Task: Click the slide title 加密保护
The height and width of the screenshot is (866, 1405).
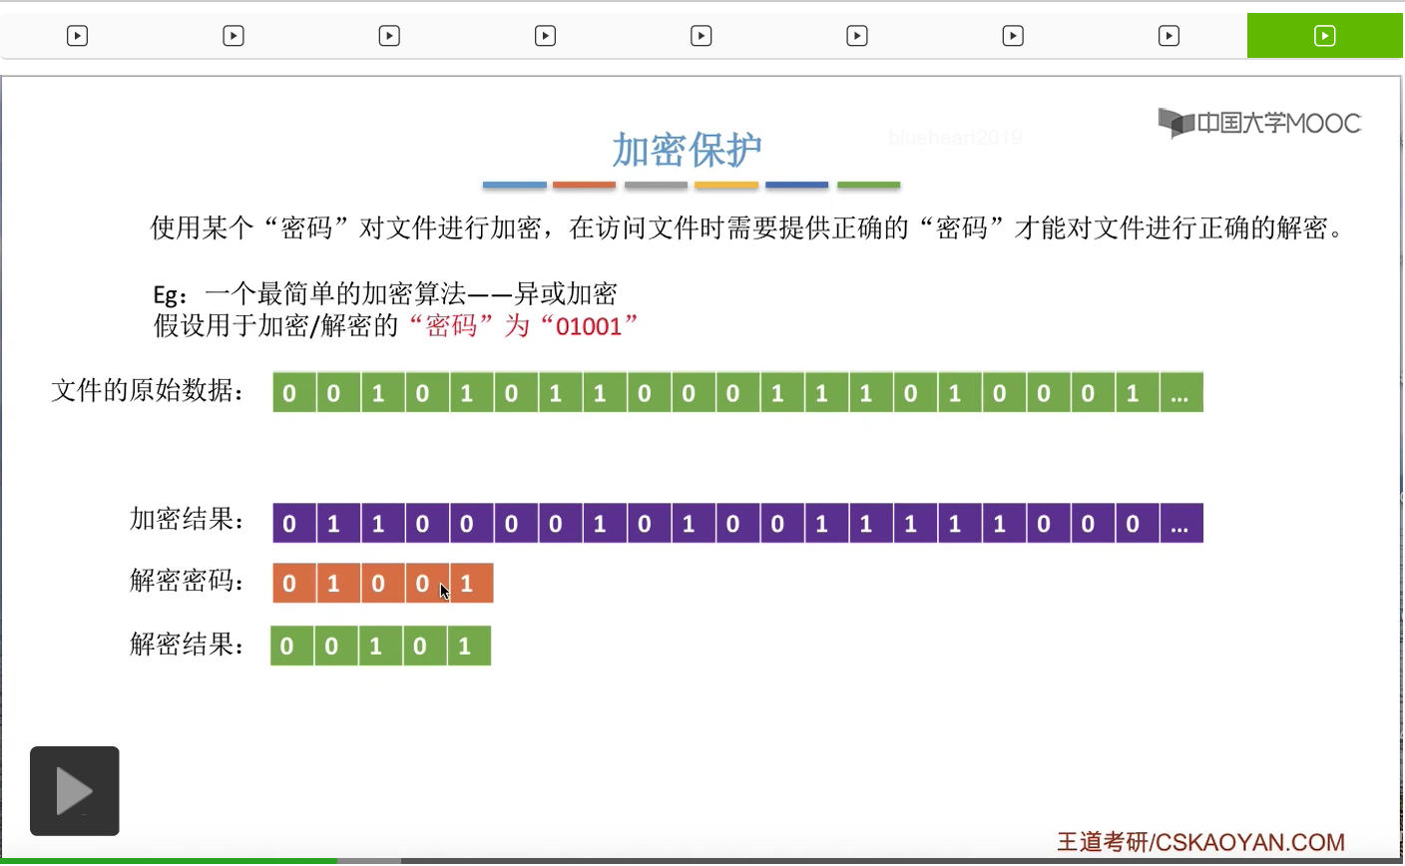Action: pos(687,150)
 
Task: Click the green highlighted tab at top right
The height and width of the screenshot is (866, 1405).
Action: pos(1324,36)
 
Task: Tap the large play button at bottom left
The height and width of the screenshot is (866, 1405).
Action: pos(75,791)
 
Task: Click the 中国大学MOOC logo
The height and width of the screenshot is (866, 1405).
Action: pos(1260,123)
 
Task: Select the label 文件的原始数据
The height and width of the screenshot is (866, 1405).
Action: pos(148,391)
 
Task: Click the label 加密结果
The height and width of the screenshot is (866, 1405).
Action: pos(187,520)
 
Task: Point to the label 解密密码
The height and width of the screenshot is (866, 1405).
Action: pos(187,581)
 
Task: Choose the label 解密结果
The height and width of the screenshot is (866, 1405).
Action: pos(187,645)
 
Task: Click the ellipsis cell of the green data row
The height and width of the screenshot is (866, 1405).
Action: pos(1180,393)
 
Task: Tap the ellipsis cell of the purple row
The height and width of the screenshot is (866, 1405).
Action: pos(1180,524)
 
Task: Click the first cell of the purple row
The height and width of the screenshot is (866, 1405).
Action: pos(290,524)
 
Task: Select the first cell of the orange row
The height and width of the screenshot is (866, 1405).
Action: pos(290,584)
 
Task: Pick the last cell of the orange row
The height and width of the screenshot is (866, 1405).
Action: pos(470,584)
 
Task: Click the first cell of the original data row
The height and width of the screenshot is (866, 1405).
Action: pos(290,393)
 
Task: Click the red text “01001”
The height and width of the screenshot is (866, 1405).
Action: pos(589,326)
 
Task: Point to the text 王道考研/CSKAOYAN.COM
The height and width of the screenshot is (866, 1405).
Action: pos(1200,842)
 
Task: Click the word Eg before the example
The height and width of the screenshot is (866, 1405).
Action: pos(166,294)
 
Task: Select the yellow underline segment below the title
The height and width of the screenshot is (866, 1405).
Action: pos(725,186)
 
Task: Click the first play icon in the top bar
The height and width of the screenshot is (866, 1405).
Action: pos(77,36)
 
